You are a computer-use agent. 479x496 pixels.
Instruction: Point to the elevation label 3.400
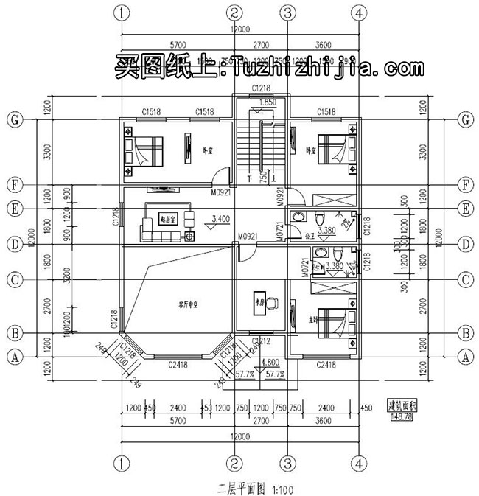[x=220, y=219]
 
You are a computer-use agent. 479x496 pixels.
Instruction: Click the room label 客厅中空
[x=189, y=303]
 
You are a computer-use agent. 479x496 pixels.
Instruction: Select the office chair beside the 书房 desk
[x=272, y=301]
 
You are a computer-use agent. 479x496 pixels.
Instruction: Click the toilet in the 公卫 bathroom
[x=319, y=219]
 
